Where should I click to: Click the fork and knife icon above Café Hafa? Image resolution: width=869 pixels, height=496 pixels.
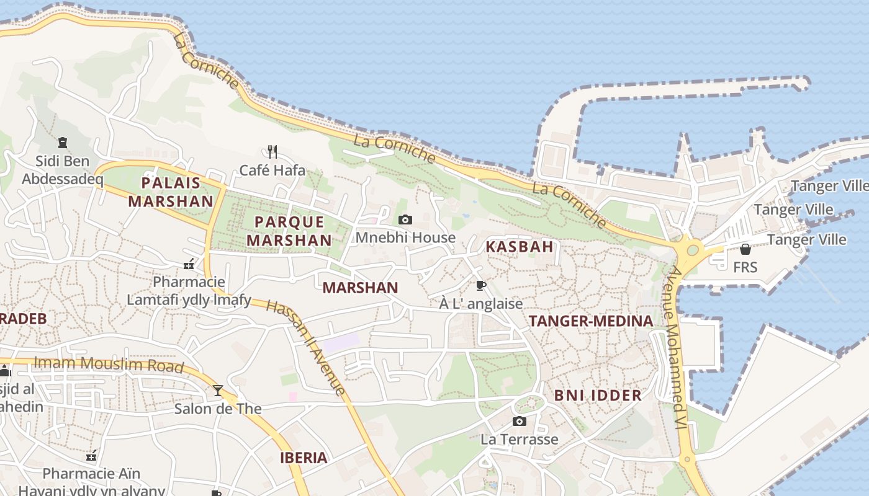tap(272, 151)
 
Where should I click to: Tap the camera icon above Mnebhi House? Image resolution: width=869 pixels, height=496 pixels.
tap(405, 219)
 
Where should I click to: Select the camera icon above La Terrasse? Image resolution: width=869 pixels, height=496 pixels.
tap(520, 422)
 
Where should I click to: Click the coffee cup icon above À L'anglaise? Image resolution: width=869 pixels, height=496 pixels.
tap(480, 285)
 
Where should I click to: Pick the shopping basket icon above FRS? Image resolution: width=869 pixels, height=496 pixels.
tap(745, 249)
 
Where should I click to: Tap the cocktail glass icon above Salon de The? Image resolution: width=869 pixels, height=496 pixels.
tap(218, 390)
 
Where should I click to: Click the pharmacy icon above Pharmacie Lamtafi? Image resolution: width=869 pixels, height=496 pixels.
tap(189, 264)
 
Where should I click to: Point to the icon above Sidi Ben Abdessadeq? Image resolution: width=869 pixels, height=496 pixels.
tap(62, 143)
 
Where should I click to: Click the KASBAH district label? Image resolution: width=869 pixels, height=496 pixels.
tap(520, 247)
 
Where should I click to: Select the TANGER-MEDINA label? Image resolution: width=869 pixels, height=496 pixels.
tap(591, 321)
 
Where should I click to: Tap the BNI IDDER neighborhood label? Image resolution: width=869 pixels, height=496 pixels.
tap(598, 396)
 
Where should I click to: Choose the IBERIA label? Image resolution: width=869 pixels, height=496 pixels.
tap(304, 458)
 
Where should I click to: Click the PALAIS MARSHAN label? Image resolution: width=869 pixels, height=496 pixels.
tap(171, 192)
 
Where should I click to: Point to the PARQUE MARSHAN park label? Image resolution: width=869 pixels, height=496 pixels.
tap(289, 231)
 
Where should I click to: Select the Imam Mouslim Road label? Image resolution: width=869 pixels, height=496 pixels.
tap(109, 364)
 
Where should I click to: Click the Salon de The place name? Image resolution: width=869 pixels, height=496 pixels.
tap(218, 409)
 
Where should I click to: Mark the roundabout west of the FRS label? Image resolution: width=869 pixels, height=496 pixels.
tap(692, 250)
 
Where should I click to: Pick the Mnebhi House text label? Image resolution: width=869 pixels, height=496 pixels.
tap(405, 238)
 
